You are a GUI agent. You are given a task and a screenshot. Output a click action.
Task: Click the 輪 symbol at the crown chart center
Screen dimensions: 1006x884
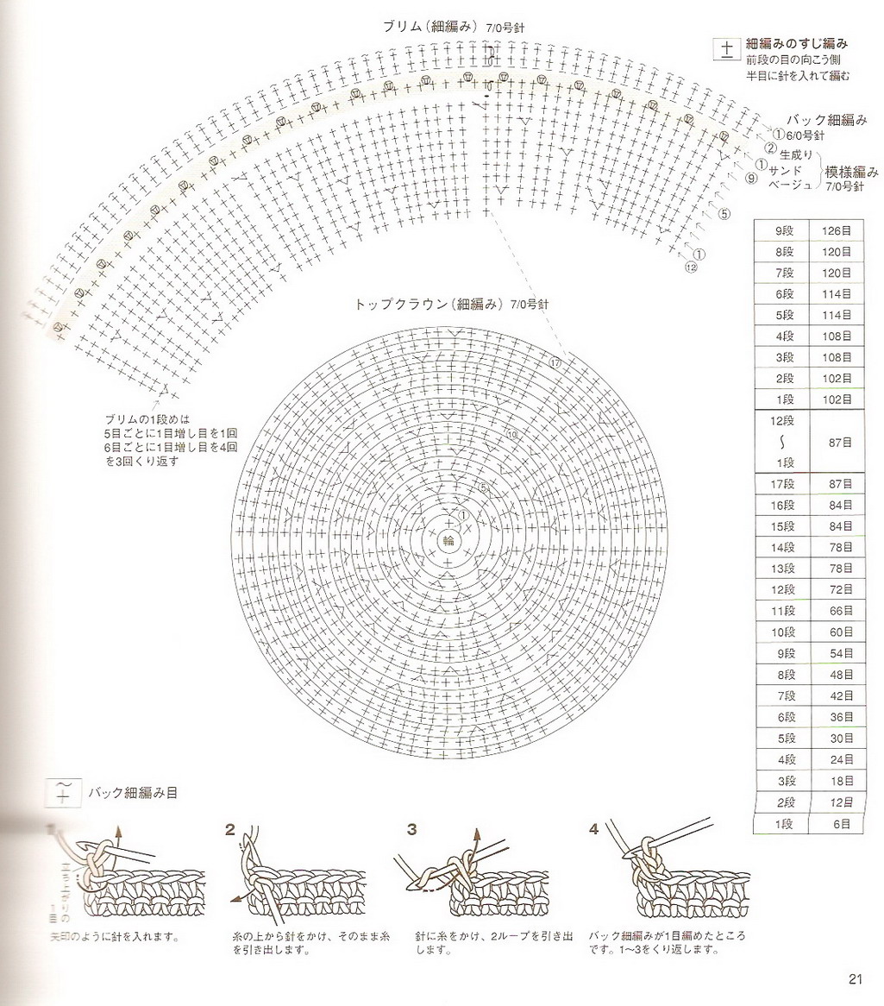pos(448,541)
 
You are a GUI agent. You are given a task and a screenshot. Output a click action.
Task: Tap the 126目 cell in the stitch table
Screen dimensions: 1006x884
pos(836,230)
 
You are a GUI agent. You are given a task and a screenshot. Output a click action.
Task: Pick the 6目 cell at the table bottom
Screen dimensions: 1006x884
pos(836,824)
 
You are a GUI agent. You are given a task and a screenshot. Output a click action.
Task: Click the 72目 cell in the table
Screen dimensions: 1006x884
pos(836,591)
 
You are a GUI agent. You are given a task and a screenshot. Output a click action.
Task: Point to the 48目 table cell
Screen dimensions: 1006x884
pos(836,675)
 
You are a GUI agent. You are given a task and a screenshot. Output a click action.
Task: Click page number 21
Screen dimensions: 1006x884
pos(855,978)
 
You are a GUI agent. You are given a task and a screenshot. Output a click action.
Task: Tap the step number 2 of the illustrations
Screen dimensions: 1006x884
pos(230,830)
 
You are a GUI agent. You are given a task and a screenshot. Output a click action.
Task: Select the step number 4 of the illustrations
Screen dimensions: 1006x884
pos(593,830)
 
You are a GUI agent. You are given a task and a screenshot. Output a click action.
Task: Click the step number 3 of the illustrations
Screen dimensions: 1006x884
pos(412,830)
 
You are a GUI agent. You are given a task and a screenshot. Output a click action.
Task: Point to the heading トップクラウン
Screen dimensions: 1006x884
pos(403,305)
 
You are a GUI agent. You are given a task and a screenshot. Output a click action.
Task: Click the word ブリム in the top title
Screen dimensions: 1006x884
pos(404,27)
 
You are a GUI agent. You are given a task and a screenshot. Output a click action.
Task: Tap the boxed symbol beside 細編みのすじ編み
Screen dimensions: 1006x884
pos(726,49)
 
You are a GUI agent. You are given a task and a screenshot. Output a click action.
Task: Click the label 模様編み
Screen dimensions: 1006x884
pos(851,171)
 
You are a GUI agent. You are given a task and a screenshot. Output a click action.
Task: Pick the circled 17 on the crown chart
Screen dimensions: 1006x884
pos(555,363)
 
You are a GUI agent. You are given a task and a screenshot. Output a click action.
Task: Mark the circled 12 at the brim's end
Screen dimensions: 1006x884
pos(690,267)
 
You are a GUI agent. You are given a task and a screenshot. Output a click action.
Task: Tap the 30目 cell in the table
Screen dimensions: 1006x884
pos(836,739)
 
